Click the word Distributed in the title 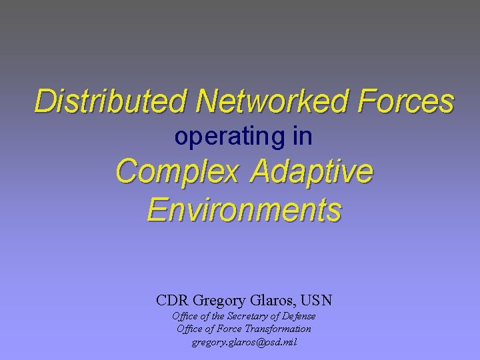click(111, 102)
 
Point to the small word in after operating click(303, 137)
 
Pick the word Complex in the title click(177, 173)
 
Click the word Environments click(244, 210)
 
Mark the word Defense click(299, 316)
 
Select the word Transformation click(278, 329)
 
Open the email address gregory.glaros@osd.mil click(244, 342)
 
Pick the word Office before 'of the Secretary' click(185, 316)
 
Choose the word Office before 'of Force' click(190, 329)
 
